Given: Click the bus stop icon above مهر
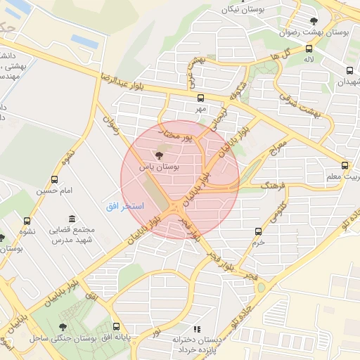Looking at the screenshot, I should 201,98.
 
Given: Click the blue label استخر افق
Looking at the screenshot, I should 125,206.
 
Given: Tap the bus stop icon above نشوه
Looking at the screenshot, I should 27,221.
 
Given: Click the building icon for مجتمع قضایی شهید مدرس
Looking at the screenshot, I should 70,219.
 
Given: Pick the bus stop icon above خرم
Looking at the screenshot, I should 259,231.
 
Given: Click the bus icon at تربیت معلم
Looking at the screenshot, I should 344,165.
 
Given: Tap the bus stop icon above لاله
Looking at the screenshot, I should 309,49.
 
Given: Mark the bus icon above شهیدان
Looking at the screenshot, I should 350,70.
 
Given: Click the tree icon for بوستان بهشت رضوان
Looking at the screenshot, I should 314,20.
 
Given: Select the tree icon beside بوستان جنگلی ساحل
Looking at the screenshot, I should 63,327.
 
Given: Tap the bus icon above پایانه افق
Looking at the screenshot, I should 116,326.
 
